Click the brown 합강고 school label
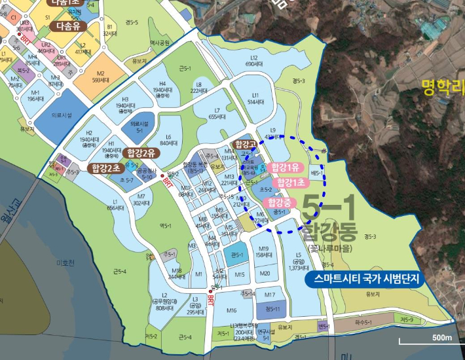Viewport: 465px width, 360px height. [x=244, y=143]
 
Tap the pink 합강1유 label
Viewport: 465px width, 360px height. [x=285, y=167]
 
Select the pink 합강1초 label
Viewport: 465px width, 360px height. [x=289, y=183]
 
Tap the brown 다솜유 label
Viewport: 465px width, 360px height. [x=68, y=26]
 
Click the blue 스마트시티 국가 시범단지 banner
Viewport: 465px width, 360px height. [x=365, y=278]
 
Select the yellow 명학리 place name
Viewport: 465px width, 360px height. [x=443, y=86]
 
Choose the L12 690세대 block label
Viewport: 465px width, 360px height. [x=253, y=61]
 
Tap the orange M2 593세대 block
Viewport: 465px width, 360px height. [x=100, y=77]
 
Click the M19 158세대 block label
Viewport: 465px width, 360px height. [x=263, y=252]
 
